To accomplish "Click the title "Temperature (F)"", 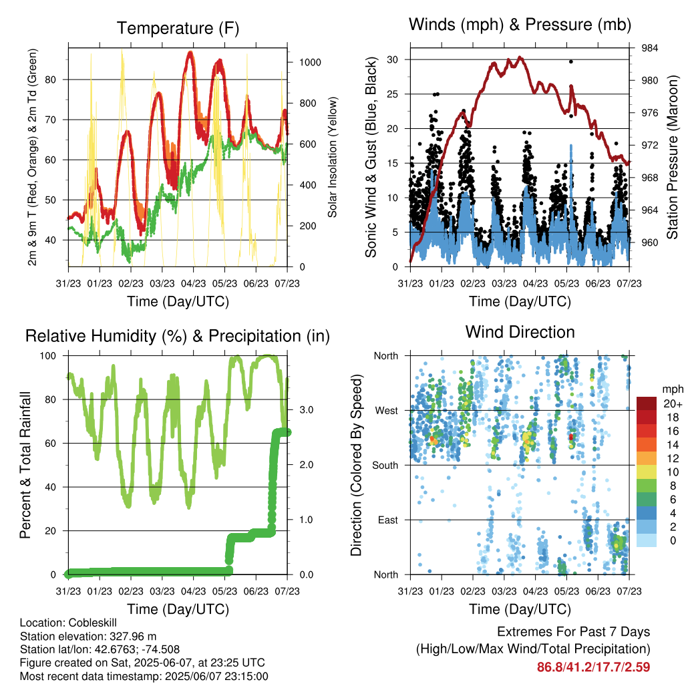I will click(x=178, y=28).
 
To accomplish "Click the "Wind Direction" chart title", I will click(x=520, y=331).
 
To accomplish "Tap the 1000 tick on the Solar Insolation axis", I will click(x=309, y=62).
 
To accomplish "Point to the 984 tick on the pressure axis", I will click(x=650, y=48).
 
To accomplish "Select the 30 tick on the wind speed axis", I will click(x=393, y=59).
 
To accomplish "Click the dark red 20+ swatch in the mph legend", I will click(x=647, y=403).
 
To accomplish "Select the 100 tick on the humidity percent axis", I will click(x=52, y=355).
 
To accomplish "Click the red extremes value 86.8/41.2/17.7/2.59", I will click(x=593, y=667).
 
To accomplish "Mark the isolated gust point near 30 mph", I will click(x=570, y=61).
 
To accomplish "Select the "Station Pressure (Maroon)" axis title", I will click(x=673, y=158).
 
